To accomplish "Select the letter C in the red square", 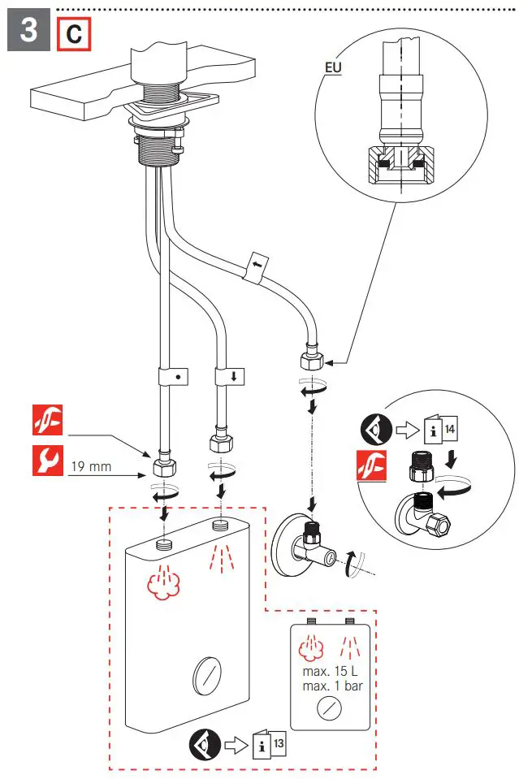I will (73, 35).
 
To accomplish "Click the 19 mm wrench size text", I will (90, 466).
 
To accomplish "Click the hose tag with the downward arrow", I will (229, 377).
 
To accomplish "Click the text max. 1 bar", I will (331, 686).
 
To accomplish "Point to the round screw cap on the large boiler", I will (205, 673).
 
